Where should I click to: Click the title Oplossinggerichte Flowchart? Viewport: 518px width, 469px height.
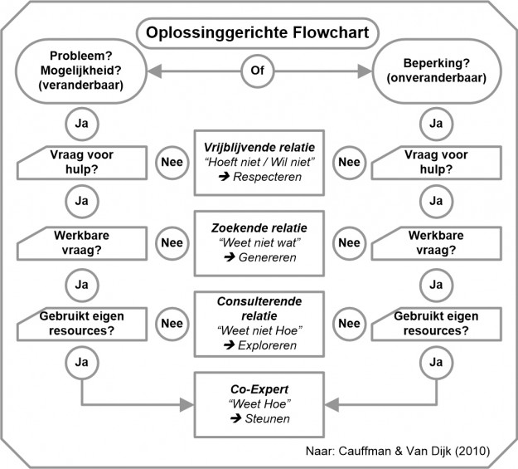(x=259, y=33)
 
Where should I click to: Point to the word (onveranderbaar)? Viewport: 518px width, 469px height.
(x=435, y=80)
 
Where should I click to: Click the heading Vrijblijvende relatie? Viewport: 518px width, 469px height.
(x=259, y=148)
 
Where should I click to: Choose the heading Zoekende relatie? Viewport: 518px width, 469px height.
(x=259, y=227)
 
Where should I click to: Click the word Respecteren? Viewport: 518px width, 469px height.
(x=265, y=178)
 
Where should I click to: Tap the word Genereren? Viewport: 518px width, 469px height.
(x=265, y=257)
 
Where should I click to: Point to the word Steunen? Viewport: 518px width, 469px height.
(x=265, y=418)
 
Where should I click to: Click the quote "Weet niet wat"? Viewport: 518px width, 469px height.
(x=259, y=242)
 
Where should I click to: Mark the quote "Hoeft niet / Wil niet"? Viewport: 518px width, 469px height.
(x=259, y=163)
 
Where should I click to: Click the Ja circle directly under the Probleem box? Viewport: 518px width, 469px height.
(x=81, y=123)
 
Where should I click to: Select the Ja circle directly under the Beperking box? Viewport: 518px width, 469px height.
(x=437, y=123)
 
